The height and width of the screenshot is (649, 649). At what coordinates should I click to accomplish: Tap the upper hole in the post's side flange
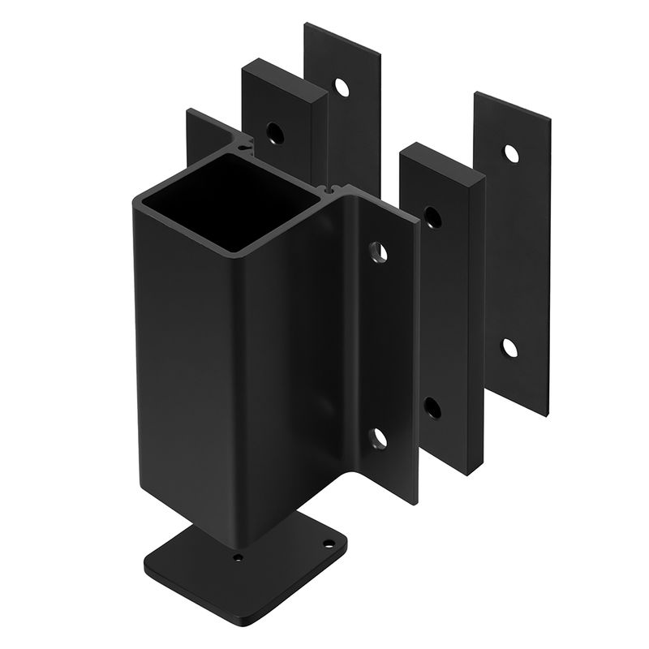(377, 253)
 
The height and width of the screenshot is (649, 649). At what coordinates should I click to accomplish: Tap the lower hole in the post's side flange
(378, 440)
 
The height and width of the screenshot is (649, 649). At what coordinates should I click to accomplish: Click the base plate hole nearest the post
(239, 558)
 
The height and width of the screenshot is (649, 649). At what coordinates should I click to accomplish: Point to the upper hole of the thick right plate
(432, 217)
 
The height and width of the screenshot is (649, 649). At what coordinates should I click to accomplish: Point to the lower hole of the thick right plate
(432, 407)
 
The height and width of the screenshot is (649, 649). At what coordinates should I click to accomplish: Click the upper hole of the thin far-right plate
(511, 153)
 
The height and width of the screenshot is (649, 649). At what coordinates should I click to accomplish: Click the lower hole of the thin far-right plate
(509, 347)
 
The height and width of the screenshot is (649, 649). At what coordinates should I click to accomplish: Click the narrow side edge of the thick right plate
(477, 324)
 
